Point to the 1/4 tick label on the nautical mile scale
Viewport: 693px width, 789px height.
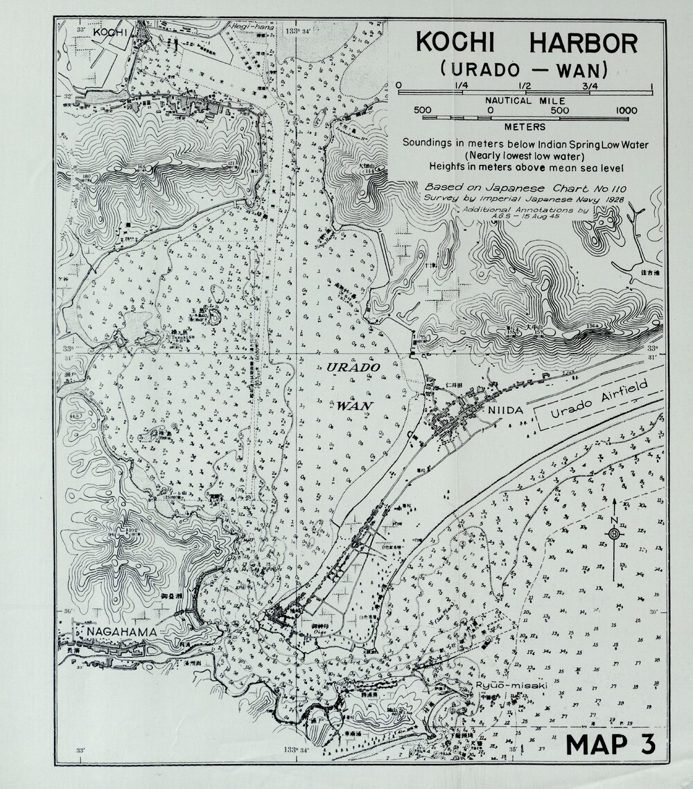[460, 85]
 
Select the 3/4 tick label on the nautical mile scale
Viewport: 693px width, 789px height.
[590, 85]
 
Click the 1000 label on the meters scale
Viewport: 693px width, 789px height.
[625, 110]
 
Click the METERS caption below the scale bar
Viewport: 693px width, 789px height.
[524, 127]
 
